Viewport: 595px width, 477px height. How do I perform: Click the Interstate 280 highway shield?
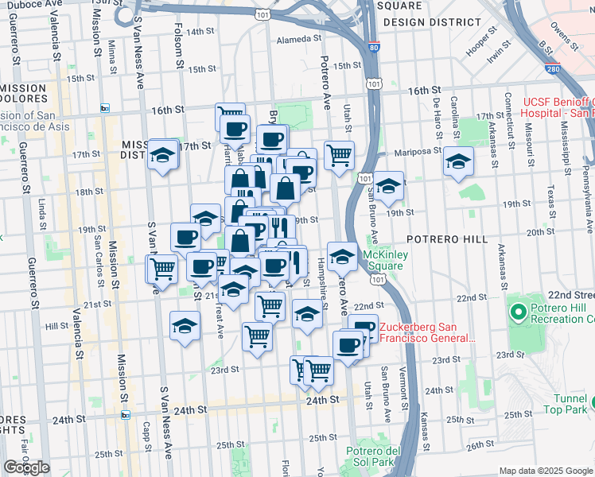pyautogui.click(x=551, y=69)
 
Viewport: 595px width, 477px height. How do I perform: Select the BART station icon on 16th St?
pyautogui.click(x=104, y=108)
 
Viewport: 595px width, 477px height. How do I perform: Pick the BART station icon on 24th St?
pyautogui.click(x=125, y=414)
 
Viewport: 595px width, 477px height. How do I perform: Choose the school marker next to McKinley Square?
pyautogui.click(x=342, y=255)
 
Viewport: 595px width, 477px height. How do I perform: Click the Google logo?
pyautogui.click(x=26, y=467)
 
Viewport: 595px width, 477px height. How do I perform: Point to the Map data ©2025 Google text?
pyautogui.click(x=546, y=471)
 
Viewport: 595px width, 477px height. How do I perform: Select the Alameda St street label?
pyautogui.click(x=297, y=39)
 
